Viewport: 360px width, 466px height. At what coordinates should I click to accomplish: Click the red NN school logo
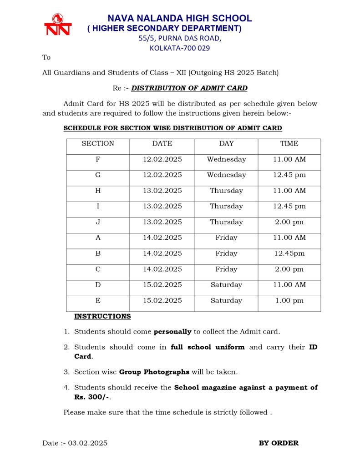(58, 25)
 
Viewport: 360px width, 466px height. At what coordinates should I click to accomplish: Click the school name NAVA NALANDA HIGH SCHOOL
(179, 19)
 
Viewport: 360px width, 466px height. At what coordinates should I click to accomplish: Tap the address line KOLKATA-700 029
(180, 48)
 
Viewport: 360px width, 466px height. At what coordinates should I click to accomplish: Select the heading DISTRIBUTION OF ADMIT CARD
(189, 88)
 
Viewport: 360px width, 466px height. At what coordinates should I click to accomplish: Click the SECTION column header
(98, 144)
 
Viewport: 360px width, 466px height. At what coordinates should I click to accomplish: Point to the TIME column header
(289, 144)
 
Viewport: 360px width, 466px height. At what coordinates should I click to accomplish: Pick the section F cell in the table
(98, 160)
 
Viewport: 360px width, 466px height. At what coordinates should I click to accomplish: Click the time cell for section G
(289, 175)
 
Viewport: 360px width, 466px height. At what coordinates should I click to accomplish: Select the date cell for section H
(162, 191)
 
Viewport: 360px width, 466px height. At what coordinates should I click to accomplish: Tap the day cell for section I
(226, 207)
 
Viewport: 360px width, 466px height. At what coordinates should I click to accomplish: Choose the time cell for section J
(289, 223)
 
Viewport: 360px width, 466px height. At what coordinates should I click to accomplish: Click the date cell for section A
(162, 238)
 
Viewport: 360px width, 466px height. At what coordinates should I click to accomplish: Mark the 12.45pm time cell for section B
(289, 254)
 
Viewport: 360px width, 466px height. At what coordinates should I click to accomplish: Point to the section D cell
(98, 285)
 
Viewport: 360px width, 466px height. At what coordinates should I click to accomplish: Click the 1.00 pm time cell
(289, 301)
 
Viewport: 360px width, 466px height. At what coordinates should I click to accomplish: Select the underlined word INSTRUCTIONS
(102, 316)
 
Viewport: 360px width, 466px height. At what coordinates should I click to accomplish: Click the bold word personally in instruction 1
(173, 332)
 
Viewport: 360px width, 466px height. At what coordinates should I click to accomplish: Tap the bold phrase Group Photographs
(154, 372)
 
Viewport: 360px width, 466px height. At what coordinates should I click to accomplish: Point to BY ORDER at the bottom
(279, 443)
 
